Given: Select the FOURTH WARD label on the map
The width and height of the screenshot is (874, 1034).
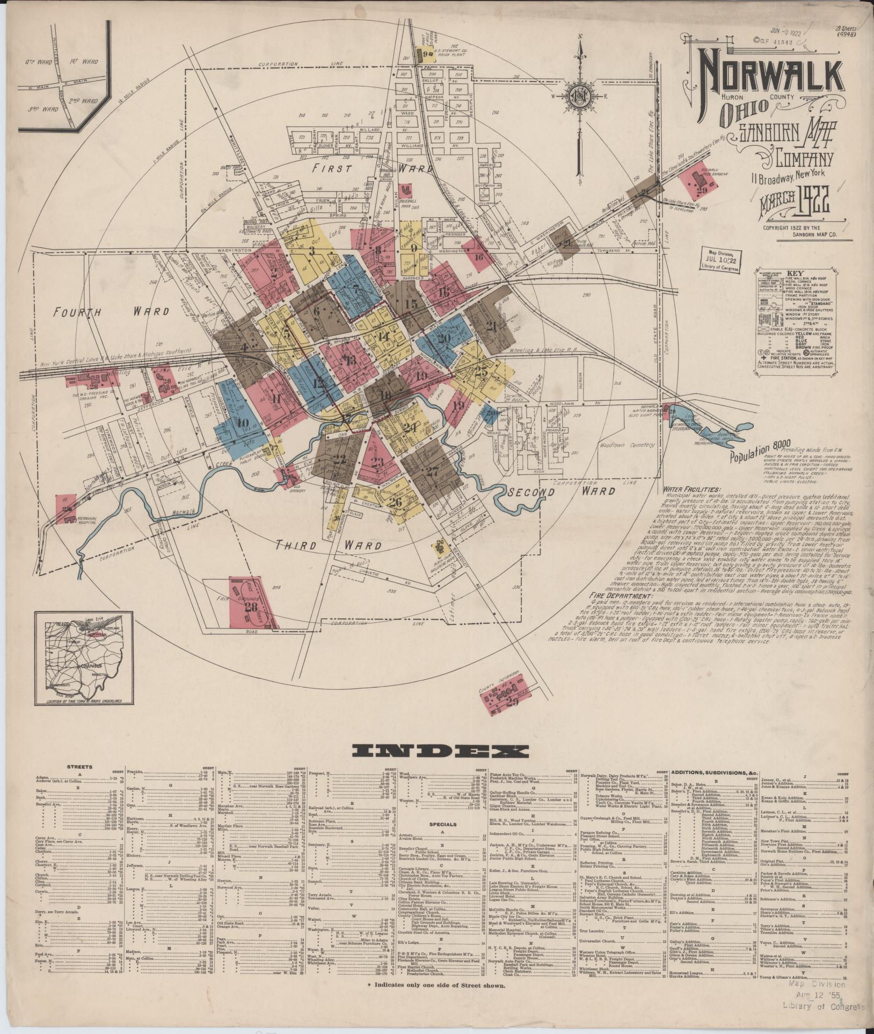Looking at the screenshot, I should [x=111, y=311].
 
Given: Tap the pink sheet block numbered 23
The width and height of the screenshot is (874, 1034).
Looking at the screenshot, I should [x=377, y=462].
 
